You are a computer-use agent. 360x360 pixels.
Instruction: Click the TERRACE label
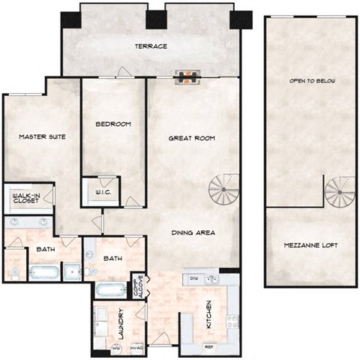click(x=151, y=46)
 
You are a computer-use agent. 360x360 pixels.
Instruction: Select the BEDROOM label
click(x=114, y=124)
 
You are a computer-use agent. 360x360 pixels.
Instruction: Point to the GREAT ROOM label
click(x=192, y=137)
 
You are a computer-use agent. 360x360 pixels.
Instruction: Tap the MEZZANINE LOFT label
click(x=310, y=246)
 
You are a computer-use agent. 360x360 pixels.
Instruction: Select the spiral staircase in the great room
click(x=223, y=188)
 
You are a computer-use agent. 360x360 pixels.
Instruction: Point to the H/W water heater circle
click(x=116, y=348)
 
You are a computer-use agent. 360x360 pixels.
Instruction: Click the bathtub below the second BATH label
click(x=112, y=290)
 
